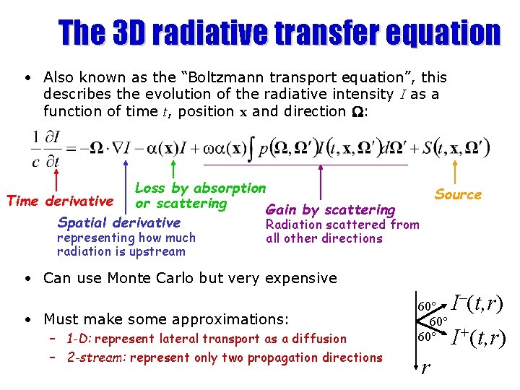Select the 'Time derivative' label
coord(59,201)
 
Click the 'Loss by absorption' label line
coord(201,188)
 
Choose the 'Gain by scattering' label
coord(331,210)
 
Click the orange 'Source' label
coord(458,194)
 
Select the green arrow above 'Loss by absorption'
coord(172,171)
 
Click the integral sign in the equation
coord(248,149)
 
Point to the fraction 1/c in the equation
coord(36,148)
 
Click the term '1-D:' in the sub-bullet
coord(78,339)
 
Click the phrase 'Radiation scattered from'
coord(342,225)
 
